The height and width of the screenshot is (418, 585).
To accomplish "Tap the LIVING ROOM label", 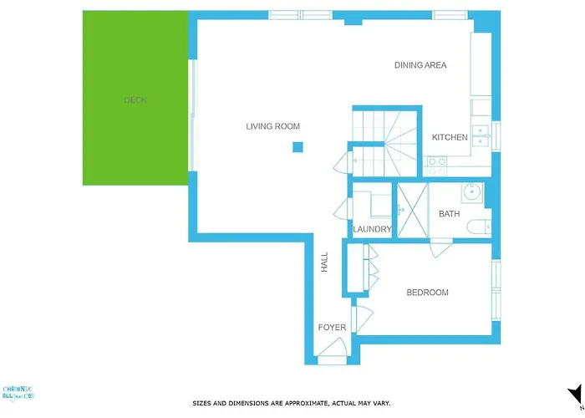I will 272,126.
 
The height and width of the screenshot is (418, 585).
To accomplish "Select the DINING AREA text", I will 420,65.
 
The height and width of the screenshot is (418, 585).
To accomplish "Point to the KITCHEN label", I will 450,137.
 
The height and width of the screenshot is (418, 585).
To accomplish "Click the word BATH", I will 450,214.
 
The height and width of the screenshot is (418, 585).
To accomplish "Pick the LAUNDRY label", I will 372,229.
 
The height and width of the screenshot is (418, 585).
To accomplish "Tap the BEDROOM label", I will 427,293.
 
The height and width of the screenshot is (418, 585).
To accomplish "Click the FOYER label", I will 332,327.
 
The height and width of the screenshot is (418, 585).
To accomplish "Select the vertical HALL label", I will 324,263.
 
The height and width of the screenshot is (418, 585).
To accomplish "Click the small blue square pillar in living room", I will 298,148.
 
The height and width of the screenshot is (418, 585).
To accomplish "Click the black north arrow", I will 574,394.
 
